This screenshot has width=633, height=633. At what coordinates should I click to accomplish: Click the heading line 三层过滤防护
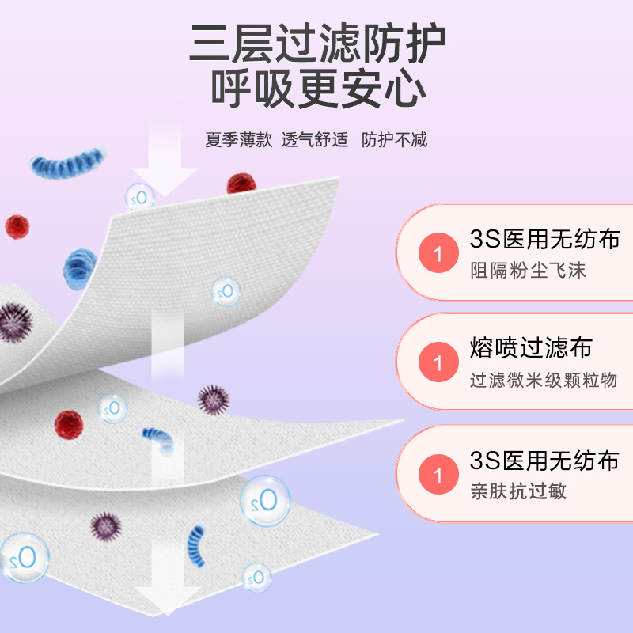coord(316,46)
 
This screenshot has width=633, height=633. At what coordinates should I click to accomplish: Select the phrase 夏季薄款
coord(238,140)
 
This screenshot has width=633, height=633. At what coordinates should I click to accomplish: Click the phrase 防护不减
coord(394,140)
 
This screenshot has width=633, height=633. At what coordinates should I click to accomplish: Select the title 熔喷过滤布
coord(530,348)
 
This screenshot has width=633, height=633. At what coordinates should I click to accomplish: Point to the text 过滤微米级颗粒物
coord(543,380)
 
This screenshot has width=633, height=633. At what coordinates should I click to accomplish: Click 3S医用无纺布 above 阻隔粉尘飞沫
coord(544,239)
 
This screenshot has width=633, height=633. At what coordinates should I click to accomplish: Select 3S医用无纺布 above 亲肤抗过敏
coord(544,460)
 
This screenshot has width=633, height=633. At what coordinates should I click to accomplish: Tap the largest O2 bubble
coord(265,500)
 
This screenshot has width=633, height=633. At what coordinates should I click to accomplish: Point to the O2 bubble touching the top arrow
coord(140,197)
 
